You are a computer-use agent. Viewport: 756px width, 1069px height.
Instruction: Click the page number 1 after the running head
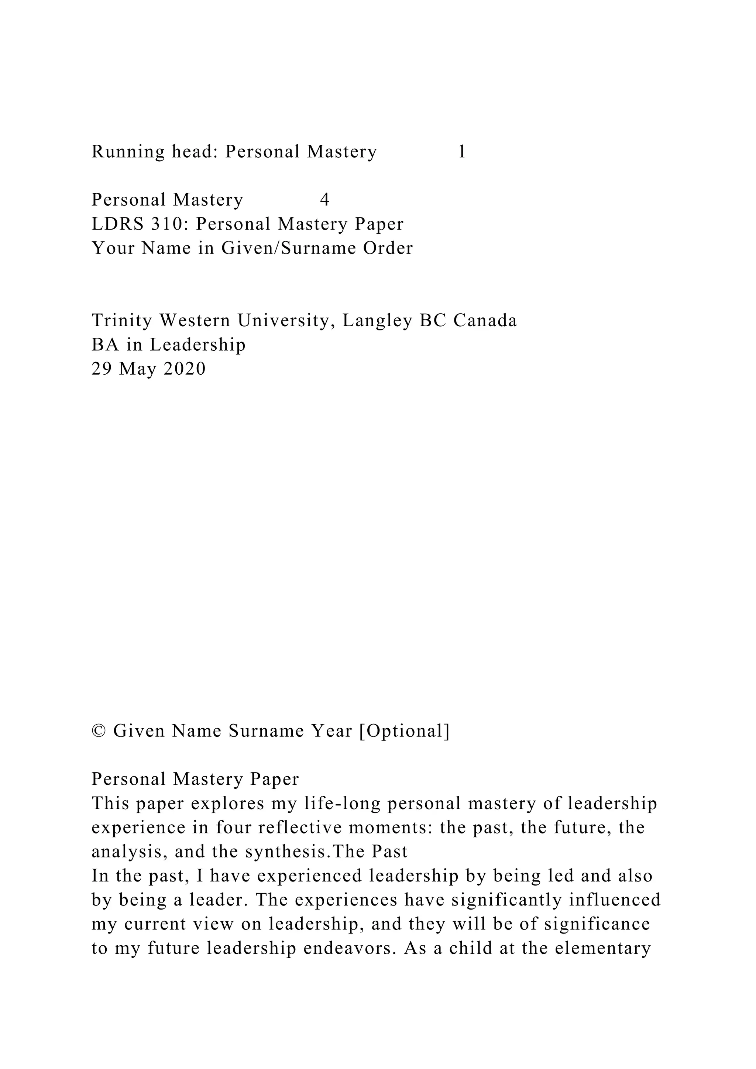[462, 152]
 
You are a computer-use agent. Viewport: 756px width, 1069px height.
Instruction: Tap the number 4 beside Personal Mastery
[325, 200]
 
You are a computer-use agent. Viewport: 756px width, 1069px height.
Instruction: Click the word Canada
[485, 321]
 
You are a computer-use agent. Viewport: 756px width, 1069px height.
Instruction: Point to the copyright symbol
[98, 732]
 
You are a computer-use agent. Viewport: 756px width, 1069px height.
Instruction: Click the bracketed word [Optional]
[404, 732]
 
